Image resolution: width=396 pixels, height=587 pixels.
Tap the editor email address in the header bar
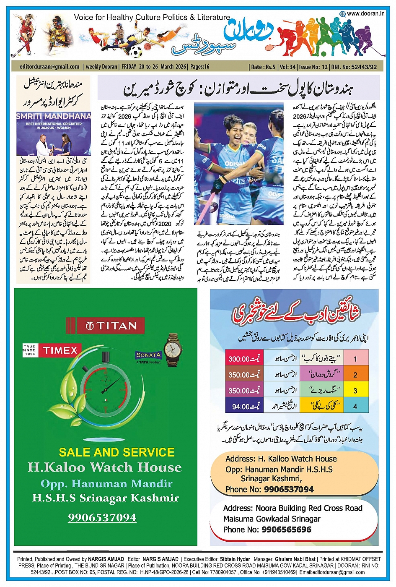click(49, 67)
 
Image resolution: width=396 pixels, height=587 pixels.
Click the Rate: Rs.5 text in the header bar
click(263, 67)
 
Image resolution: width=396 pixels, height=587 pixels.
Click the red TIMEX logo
click(60, 350)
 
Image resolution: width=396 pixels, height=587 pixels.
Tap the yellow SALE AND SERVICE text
click(116, 452)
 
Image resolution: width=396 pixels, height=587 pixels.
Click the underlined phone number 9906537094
click(102, 517)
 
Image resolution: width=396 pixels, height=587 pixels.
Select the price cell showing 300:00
click(244, 359)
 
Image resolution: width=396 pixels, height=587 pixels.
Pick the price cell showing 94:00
click(244, 406)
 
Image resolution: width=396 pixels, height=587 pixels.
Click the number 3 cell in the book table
click(355, 391)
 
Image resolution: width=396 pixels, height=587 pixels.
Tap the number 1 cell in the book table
click(355, 359)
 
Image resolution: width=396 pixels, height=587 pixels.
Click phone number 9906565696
click(286, 530)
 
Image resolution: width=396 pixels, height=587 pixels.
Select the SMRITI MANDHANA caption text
click(54, 116)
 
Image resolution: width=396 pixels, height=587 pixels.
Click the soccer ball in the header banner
click(136, 52)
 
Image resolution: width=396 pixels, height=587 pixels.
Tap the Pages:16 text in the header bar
click(199, 67)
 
